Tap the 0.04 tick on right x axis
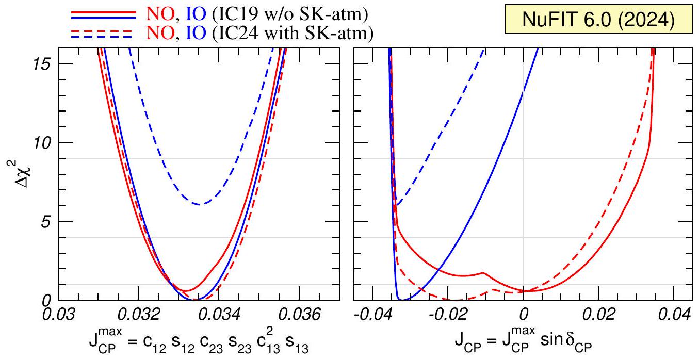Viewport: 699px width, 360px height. point(676,314)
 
